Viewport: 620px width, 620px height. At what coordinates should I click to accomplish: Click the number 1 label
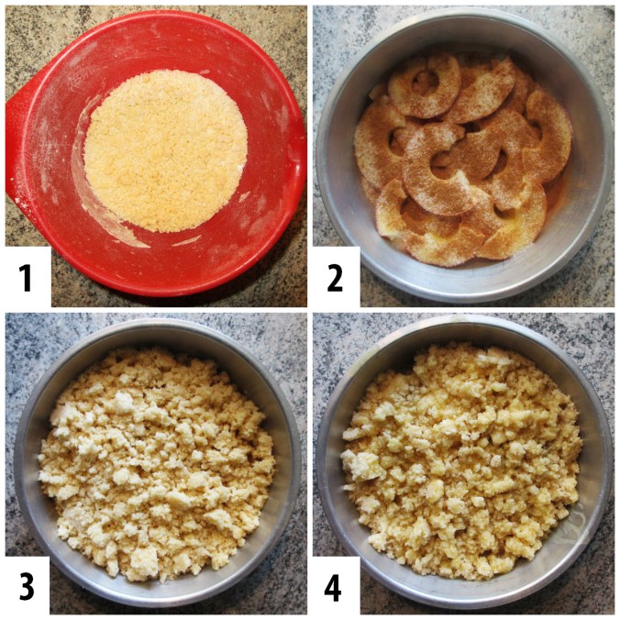(26, 278)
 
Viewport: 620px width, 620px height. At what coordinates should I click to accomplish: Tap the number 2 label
(335, 278)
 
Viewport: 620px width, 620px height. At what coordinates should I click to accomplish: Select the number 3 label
(27, 586)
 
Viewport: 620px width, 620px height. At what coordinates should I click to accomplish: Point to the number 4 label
(333, 586)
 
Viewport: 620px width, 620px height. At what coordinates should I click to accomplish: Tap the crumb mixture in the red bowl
(165, 150)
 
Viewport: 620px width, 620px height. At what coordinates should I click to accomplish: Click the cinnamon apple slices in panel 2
(462, 158)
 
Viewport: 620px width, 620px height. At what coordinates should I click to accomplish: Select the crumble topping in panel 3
(156, 462)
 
